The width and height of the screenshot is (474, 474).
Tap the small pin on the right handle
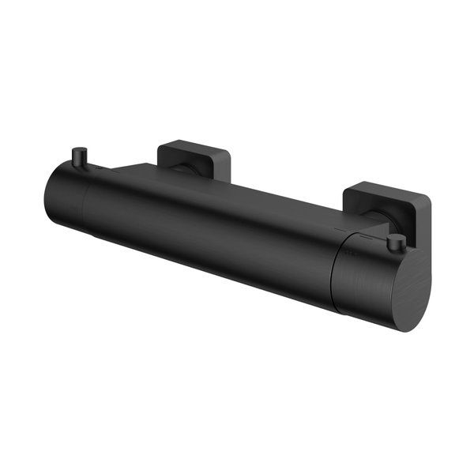pos(397,242)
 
